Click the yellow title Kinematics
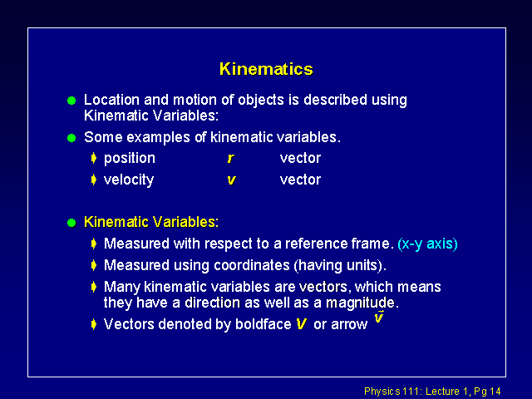click(x=266, y=69)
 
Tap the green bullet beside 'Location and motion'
click(x=71, y=101)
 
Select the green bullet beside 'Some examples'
click(x=71, y=138)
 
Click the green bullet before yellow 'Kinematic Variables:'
click(x=71, y=223)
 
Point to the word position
click(x=130, y=159)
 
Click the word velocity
click(x=129, y=180)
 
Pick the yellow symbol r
click(x=231, y=159)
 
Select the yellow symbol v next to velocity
click(x=231, y=180)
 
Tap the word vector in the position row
click(x=300, y=158)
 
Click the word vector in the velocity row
click(x=300, y=180)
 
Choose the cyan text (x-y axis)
click(x=427, y=244)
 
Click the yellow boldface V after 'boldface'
click(x=301, y=324)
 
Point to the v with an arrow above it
click(x=379, y=317)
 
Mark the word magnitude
click(x=360, y=303)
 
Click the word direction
click(x=213, y=303)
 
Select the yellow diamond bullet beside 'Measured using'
click(x=94, y=265)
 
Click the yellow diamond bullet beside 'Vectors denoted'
click(x=94, y=324)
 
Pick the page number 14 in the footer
click(x=495, y=392)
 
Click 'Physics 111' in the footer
click(x=392, y=392)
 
